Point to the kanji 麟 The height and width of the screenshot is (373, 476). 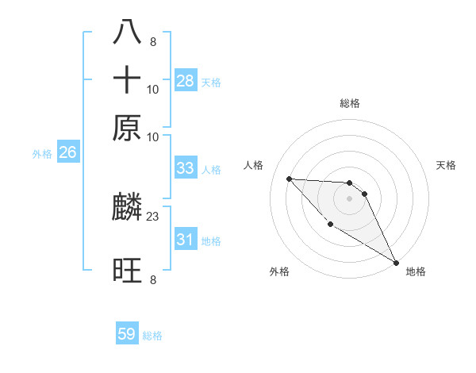pos(127,209)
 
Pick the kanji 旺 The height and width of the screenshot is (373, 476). pos(127,271)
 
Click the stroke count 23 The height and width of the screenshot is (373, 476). pos(152,216)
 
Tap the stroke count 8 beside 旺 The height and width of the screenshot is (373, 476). pos(152,279)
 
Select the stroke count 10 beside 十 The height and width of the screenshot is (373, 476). pos(152,89)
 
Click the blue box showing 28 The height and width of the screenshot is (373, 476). pos(186,80)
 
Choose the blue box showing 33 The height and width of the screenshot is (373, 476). pos(186,168)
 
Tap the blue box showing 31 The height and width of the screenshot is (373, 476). pos(186,240)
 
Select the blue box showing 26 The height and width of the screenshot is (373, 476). pos(67,153)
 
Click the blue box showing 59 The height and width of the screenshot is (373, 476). pos(127,334)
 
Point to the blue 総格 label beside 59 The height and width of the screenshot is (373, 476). pos(152,336)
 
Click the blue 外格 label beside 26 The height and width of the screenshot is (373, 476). pos(41,154)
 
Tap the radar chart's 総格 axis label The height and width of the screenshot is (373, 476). pos(349,103)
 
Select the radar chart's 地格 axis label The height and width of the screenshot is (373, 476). pos(416,271)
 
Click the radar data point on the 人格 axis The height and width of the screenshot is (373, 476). pos(289,179)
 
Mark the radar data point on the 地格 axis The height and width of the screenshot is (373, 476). pos(396,262)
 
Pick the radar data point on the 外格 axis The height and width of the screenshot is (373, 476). pos(330,225)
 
